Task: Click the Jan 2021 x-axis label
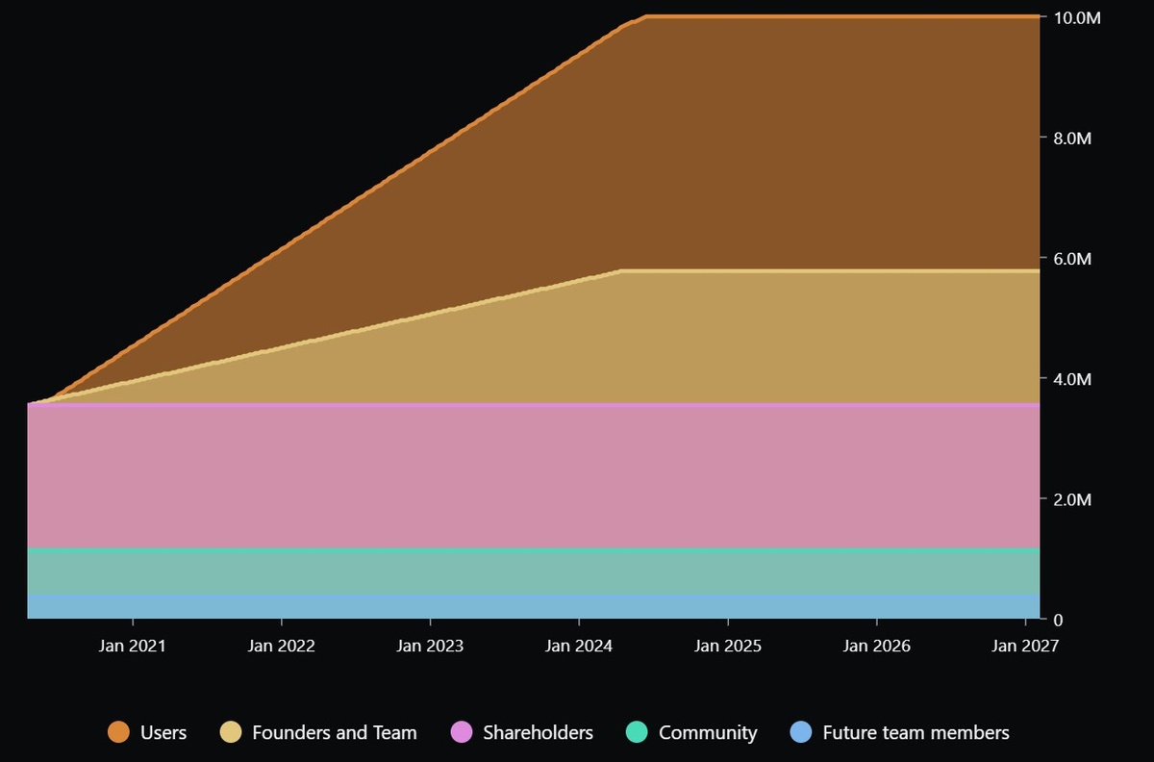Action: click(133, 646)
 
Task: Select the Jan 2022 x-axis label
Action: click(281, 646)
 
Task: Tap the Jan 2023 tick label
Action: click(430, 646)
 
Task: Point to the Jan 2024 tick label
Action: click(579, 646)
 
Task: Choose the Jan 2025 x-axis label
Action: click(728, 646)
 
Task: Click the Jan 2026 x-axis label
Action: click(876, 646)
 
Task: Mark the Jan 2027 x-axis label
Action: click(1025, 646)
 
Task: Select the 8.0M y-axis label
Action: click(1072, 139)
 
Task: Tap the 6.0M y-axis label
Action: click(1072, 259)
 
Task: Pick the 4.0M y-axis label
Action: click(1072, 379)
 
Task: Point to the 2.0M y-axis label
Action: click(1072, 499)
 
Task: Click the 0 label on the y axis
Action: click(1059, 620)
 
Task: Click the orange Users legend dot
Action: click(119, 733)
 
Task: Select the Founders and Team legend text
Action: click(335, 733)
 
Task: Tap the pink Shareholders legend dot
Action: click(462, 733)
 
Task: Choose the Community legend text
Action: click(708, 733)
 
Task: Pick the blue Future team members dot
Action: click(801, 733)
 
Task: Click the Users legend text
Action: click(163, 733)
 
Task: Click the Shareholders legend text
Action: click(538, 733)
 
